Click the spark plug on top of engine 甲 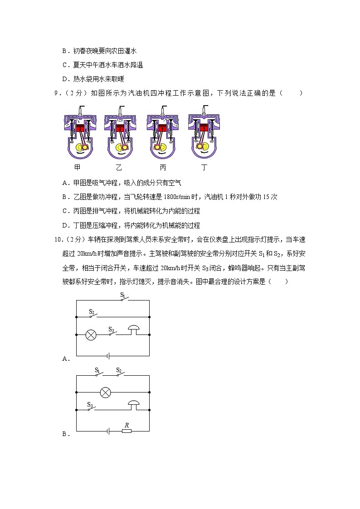click(80, 109)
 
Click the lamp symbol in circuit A click(91, 335)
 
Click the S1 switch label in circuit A click(122, 295)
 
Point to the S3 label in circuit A click(111, 329)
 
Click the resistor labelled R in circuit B click(126, 431)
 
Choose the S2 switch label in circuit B click(119, 370)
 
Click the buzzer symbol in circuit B click(133, 404)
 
